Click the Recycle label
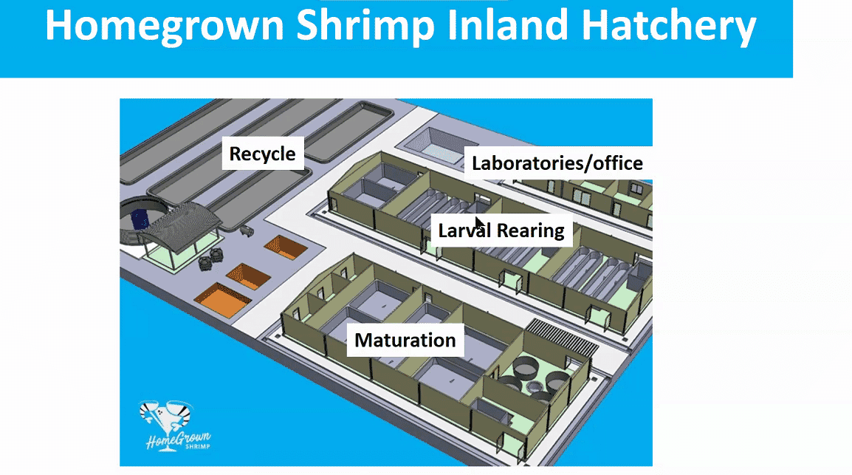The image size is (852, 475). [262, 154]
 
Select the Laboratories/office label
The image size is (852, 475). [557, 163]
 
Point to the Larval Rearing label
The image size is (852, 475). [501, 230]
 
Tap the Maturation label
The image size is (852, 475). [405, 341]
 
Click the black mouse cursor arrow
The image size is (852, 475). [479, 224]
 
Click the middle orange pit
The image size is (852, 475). [248, 276]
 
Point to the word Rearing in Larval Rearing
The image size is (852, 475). [530, 230]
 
